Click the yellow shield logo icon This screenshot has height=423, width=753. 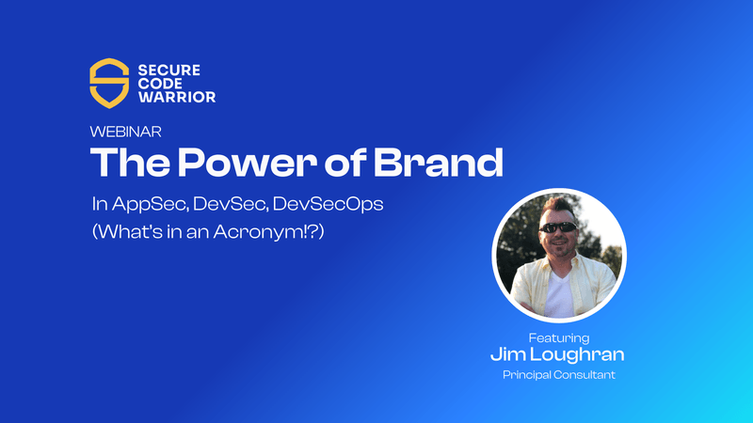point(109,84)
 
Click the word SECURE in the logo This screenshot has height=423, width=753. point(169,70)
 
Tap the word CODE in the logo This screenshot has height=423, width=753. point(160,84)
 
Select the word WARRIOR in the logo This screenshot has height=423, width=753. point(177,97)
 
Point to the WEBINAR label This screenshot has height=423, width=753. point(126,132)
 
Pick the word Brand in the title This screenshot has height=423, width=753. point(439,162)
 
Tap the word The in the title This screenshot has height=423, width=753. point(130,162)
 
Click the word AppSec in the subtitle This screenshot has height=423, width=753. point(151,204)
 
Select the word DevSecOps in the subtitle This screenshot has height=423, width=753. point(328,204)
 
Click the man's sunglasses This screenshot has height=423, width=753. point(558,227)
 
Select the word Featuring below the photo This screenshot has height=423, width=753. point(559,338)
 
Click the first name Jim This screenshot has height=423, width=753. point(508,354)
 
